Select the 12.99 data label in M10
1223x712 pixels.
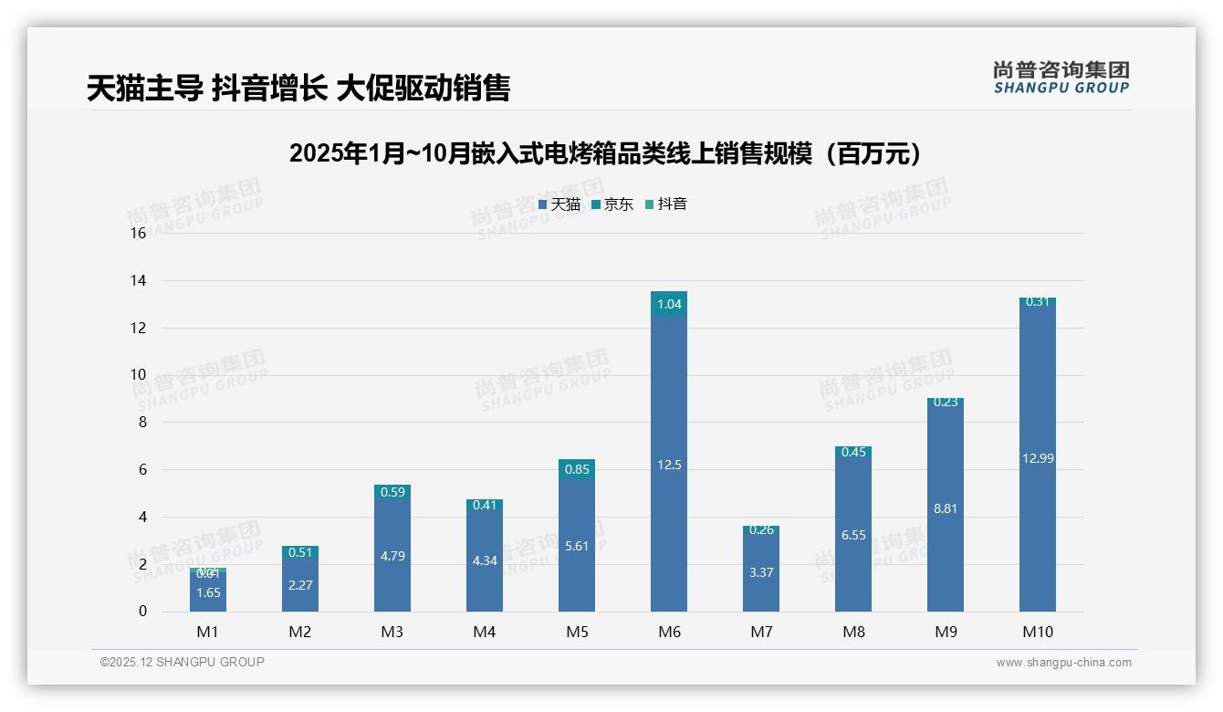click(x=1038, y=458)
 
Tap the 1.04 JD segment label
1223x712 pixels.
click(x=669, y=304)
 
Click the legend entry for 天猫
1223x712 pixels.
click(x=559, y=204)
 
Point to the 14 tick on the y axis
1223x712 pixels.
click(x=138, y=281)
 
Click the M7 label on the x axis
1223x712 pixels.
click(x=761, y=632)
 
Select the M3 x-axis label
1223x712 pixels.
click(x=392, y=632)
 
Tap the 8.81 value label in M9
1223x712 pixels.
click(x=946, y=508)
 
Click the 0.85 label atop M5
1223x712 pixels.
click(x=577, y=470)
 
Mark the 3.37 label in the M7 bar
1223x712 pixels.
click(x=761, y=572)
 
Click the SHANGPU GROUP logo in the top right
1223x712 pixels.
click(x=1061, y=78)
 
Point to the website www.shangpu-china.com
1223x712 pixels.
click(x=1063, y=663)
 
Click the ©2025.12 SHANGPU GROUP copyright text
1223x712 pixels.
click(x=183, y=663)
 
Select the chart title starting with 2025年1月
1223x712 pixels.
click(x=605, y=153)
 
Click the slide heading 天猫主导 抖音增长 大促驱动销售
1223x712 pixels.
click(x=298, y=88)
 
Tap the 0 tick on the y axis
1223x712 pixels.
click(x=142, y=612)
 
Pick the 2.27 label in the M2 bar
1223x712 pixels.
click(x=300, y=585)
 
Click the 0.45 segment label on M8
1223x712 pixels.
click(x=853, y=452)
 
